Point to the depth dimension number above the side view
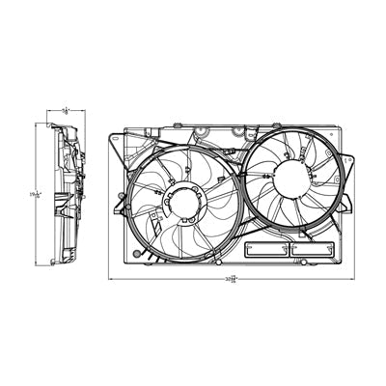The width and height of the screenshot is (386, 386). coord(66,111)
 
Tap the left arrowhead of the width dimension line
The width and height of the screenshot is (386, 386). coord(111,279)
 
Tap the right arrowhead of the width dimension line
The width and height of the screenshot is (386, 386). coord(353,279)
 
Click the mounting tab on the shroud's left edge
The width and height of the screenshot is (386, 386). coord(118,203)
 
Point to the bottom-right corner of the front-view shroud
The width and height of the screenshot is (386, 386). coord(341,262)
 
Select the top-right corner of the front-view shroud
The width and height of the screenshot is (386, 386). coord(340,125)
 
